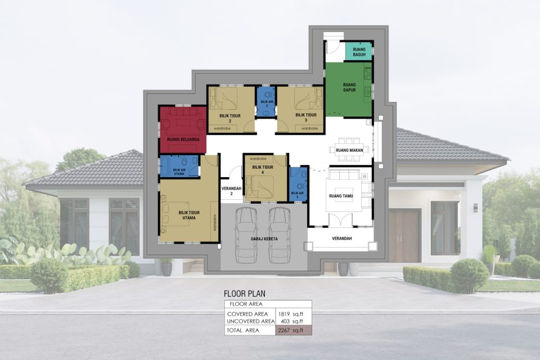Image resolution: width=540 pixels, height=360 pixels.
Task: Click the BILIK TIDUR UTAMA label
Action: point(187,215)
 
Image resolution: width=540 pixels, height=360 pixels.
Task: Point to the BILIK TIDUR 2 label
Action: point(230,118)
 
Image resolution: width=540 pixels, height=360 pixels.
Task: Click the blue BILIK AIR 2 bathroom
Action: point(266,102)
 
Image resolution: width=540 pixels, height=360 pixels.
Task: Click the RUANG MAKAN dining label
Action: point(349,150)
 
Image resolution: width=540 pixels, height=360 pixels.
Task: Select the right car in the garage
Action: point(280,233)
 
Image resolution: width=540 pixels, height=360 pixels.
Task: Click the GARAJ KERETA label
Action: point(263,239)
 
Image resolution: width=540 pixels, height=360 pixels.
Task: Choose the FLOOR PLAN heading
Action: point(244,293)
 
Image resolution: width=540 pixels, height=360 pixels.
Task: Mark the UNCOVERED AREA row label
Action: point(250,321)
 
